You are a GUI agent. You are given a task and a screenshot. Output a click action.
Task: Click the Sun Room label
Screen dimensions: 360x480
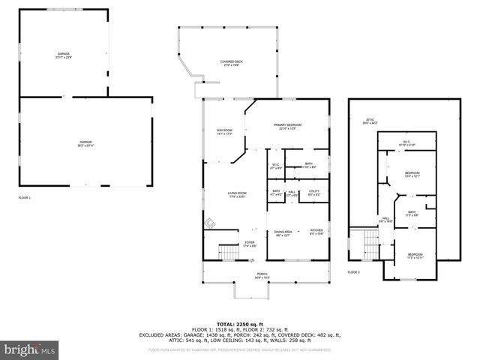[224, 132]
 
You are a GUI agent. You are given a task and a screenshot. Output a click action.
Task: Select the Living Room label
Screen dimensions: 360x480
[237, 195]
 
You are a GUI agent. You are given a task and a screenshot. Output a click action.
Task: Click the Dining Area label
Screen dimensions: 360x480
[283, 232]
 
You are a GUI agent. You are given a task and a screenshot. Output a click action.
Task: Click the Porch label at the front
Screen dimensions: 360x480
[262, 275]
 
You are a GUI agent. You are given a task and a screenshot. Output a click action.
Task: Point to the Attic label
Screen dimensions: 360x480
[370, 121]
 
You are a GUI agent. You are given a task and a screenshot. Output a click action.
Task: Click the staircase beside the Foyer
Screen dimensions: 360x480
[227, 252]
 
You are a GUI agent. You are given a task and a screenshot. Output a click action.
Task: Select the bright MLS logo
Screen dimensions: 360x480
[30, 349]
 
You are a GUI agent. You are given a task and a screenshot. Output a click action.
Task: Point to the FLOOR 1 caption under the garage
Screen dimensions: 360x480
[25, 197]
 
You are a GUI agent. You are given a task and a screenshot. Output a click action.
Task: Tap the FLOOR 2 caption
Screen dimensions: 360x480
[354, 271]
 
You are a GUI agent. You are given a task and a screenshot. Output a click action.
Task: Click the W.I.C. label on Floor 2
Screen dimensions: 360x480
[406, 143]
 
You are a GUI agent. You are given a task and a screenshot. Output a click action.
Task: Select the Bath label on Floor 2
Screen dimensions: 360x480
[412, 213]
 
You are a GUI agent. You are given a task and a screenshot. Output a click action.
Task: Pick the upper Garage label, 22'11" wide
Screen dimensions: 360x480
[64, 55]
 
